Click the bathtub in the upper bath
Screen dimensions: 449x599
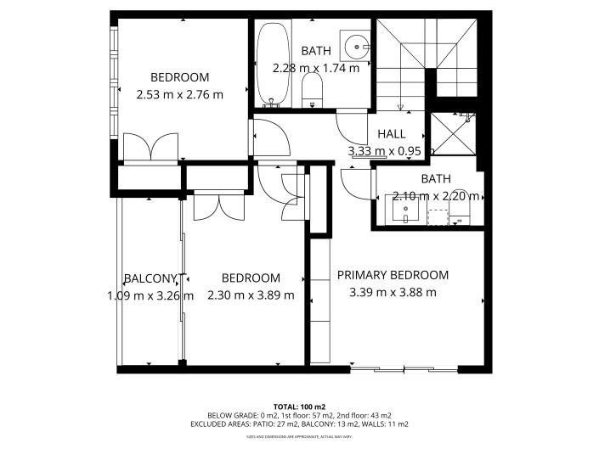click(271, 64)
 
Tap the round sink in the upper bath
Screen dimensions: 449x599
click(354, 44)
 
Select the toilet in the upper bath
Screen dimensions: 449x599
click(313, 90)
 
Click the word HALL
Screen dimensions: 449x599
click(392, 134)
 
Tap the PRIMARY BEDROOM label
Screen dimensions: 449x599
click(393, 275)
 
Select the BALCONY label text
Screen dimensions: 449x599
click(150, 278)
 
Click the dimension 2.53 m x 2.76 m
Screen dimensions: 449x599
click(179, 94)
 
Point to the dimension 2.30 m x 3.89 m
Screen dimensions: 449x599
click(251, 295)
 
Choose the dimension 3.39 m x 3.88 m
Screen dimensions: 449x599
click(393, 293)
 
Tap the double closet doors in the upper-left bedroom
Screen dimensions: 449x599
click(150, 147)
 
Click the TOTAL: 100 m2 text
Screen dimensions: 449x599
click(298, 407)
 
